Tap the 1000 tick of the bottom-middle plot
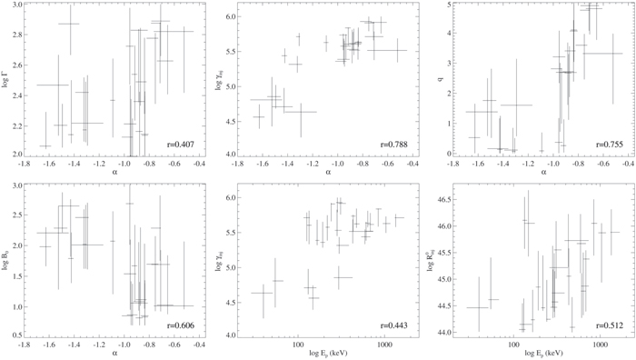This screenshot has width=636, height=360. (384, 345)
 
